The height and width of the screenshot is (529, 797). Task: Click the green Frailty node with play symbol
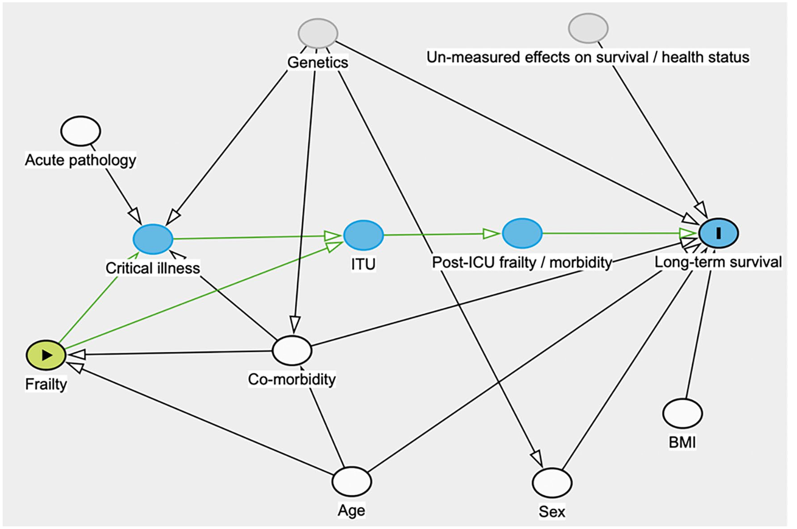click(x=46, y=355)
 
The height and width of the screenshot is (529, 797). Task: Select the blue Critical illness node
click(x=153, y=239)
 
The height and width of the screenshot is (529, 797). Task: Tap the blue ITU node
click(x=363, y=235)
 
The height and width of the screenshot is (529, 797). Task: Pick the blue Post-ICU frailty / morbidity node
click(x=522, y=233)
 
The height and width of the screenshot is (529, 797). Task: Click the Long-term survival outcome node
click(x=718, y=233)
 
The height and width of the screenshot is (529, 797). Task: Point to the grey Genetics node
click(x=318, y=33)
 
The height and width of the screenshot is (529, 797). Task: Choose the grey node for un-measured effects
click(x=588, y=28)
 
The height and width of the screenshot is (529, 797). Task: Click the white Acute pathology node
click(x=81, y=131)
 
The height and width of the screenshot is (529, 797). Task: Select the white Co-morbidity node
click(x=292, y=350)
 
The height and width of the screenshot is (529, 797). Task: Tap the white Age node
click(x=352, y=481)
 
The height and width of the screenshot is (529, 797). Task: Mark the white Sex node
click(x=552, y=483)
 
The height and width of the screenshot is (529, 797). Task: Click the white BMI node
click(x=683, y=413)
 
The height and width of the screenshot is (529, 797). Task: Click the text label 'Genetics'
click(x=318, y=62)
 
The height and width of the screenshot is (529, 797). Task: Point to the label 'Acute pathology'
click(x=81, y=160)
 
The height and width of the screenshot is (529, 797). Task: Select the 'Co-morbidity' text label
click(x=292, y=380)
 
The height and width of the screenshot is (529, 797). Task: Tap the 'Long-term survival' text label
click(x=718, y=262)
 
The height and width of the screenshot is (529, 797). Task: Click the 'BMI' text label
click(x=682, y=443)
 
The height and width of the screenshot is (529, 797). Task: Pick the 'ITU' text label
click(x=363, y=264)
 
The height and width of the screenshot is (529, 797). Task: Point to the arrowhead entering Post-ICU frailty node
click(x=492, y=234)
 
